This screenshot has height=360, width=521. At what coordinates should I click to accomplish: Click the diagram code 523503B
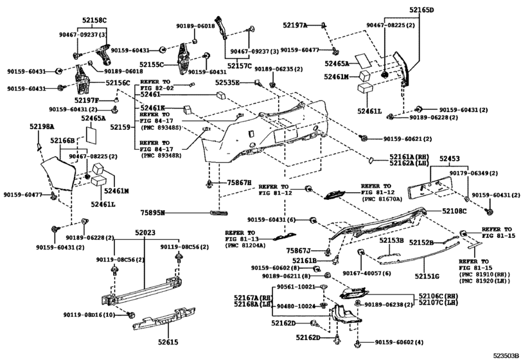tap(505, 354)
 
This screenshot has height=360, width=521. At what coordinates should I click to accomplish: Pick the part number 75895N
tap(154, 212)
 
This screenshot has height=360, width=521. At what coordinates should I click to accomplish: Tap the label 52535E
tap(227, 83)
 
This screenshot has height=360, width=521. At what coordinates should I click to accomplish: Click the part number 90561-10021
tap(296, 286)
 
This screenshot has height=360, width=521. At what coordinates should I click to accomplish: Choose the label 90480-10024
tap(296, 306)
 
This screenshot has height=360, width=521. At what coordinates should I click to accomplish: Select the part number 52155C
tap(154, 64)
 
